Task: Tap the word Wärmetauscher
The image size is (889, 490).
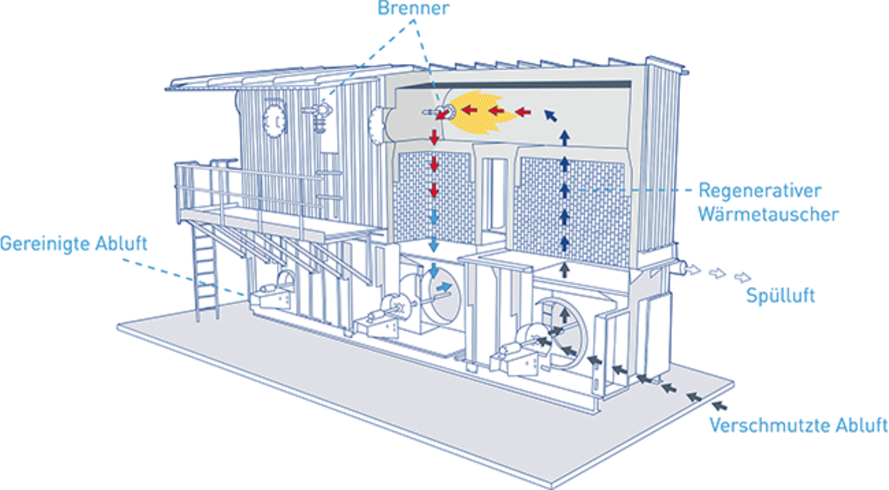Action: (x=768, y=215)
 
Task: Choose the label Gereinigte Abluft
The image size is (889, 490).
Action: (x=73, y=243)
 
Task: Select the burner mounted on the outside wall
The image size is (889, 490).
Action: (x=320, y=112)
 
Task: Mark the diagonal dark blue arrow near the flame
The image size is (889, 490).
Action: (x=550, y=114)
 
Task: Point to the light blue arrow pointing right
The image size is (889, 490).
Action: (x=444, y=287)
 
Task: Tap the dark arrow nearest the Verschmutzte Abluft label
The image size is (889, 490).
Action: (x=719, y=405)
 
